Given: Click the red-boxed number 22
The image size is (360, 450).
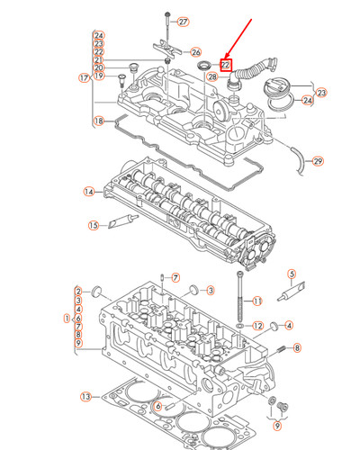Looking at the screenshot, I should [226, 65].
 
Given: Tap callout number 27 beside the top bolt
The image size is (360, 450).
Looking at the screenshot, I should [183, 22].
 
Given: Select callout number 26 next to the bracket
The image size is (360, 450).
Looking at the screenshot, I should [196, 53].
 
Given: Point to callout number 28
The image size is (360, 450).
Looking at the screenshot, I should [211, 77].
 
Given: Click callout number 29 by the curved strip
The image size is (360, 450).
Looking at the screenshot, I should [316, 161].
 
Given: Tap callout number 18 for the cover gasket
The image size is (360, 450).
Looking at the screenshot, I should [99, 121].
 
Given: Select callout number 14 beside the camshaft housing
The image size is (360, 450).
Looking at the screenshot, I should [88, 192].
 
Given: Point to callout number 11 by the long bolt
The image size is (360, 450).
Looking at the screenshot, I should [256, 301].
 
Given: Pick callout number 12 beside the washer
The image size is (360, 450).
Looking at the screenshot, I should [257, 325].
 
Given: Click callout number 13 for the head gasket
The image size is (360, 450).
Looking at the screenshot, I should [85, 397].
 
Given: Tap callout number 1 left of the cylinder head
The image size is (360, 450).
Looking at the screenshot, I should [66, 318].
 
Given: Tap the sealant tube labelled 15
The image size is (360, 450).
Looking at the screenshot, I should [122, 224].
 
